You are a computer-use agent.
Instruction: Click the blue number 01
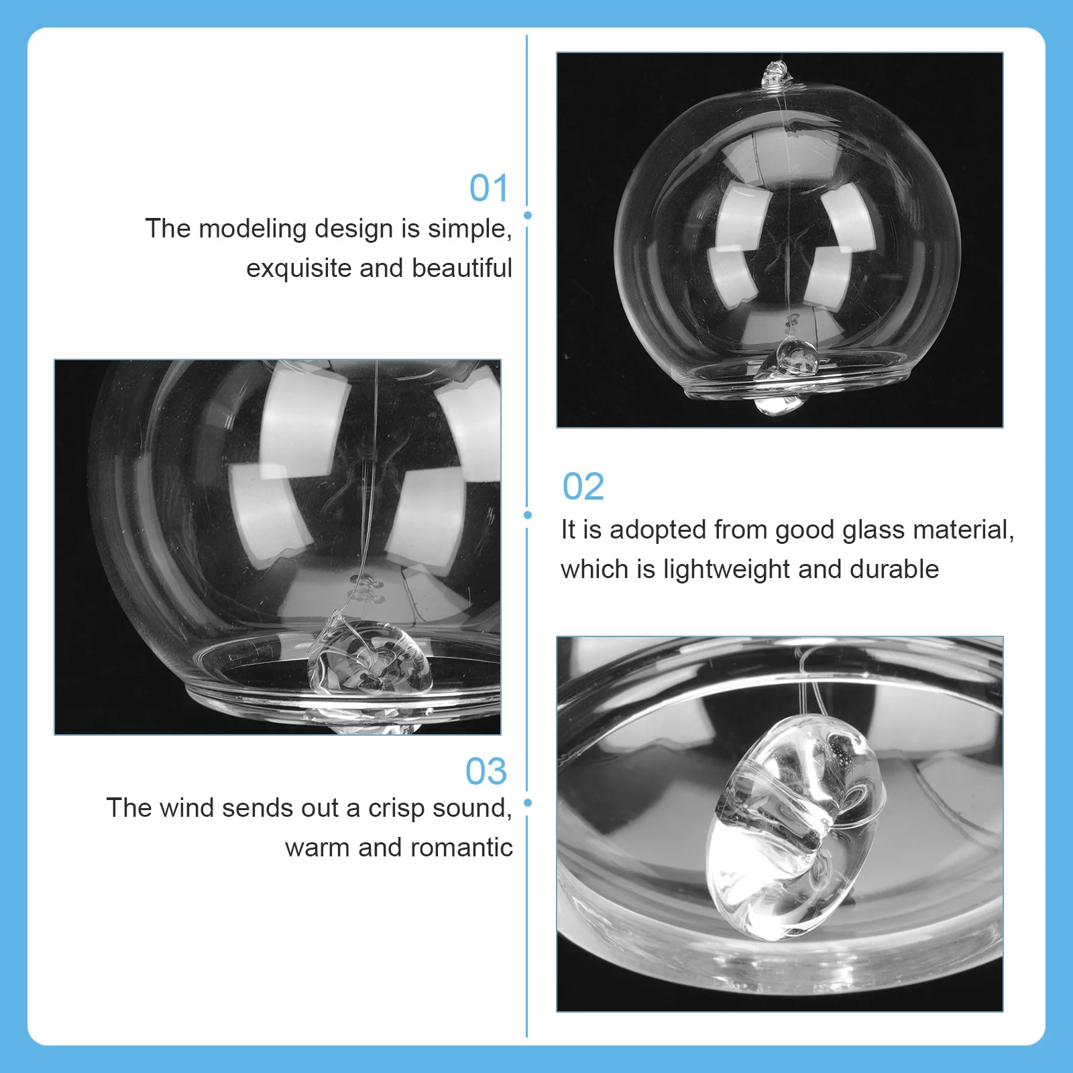pyautogui.click(x=489, y=188)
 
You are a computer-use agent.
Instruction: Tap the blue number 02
pyautogui.click(x=583, y=486)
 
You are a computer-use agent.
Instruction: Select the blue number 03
pyautogui.click(x=486, y=771)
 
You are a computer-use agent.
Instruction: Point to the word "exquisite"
pyautogui.click(x=298, y=268)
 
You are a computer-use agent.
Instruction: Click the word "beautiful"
pyautogui.click(x=461, y=268)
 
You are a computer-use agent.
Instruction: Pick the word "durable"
pyautogui.click(x=894, y=569)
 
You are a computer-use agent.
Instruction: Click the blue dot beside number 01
pyautogui.click(x=528, y=215)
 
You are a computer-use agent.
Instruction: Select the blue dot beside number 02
pyautogui.click(x=528, y=515)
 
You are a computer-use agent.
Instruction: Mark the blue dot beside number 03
pyautogui.click(x=528, y=803)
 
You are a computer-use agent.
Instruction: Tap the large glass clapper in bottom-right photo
pyautogui.click(x=798, y=828)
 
